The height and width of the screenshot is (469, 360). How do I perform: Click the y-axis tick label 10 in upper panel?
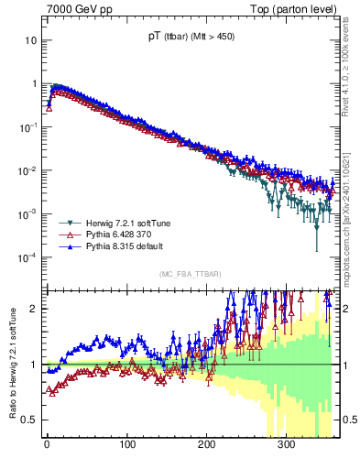pos(30,41)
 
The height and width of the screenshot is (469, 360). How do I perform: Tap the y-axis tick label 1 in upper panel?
pos(34,84)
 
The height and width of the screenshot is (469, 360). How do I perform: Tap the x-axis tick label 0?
pos(47,446)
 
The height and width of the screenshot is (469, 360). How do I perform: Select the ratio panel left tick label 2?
pos(34,309)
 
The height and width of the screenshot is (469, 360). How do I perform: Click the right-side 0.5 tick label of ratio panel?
pos(348,420)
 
